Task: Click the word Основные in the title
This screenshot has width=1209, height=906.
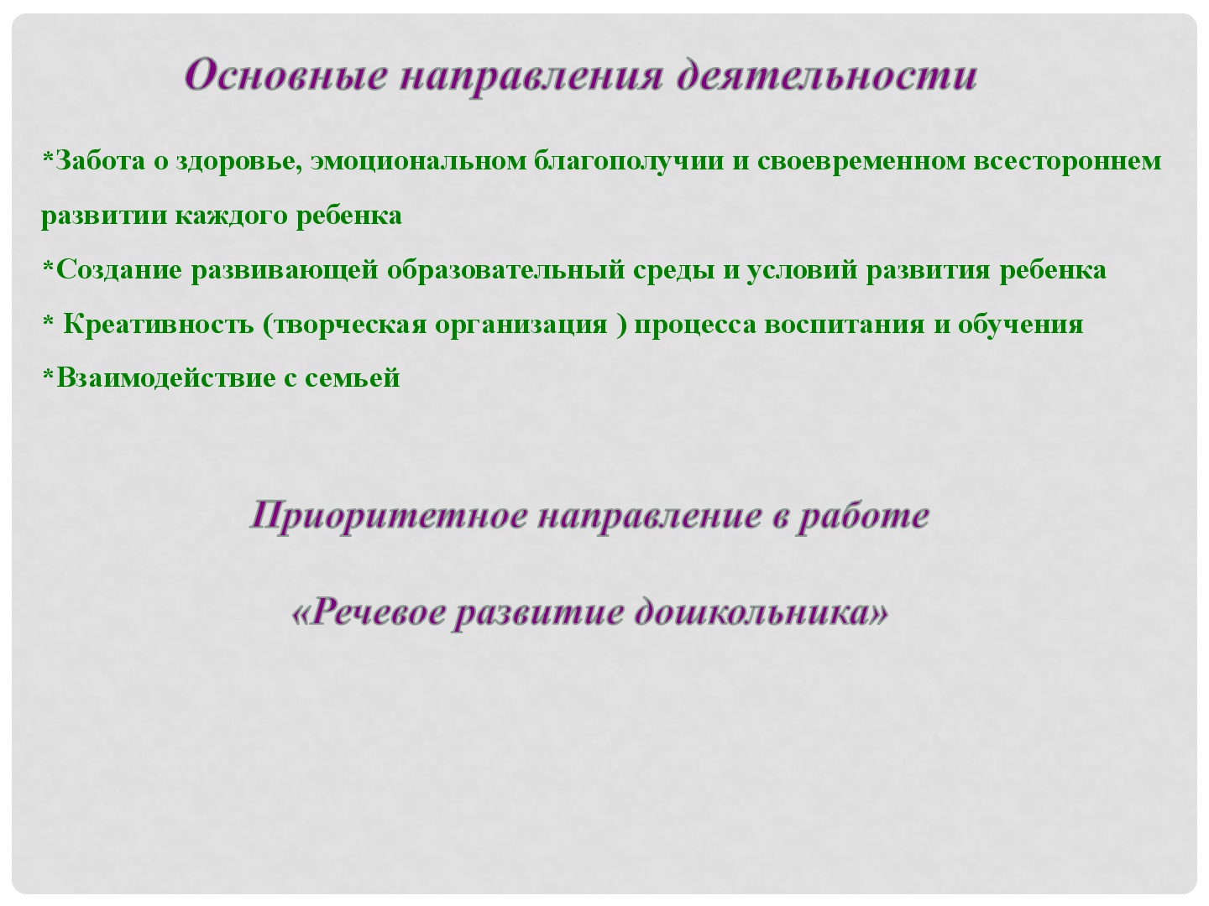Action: click(286, 75)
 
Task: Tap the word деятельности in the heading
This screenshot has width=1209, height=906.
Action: click(826, 75)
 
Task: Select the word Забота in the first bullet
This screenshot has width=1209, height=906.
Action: click(101, 160)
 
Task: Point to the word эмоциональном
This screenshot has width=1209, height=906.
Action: click(419, 162)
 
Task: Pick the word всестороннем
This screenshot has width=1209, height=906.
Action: click(1067, 162)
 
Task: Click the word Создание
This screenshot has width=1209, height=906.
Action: click(119, 270)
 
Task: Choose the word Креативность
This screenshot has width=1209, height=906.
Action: click(159, 325)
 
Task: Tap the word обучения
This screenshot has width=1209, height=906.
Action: click(1021, 325)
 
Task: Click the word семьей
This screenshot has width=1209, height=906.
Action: click(352, 378)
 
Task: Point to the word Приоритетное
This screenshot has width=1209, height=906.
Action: click(389, 517)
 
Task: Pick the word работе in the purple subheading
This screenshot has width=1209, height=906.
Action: click(863, 517)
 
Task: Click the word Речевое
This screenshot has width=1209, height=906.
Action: click(377, 612)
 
